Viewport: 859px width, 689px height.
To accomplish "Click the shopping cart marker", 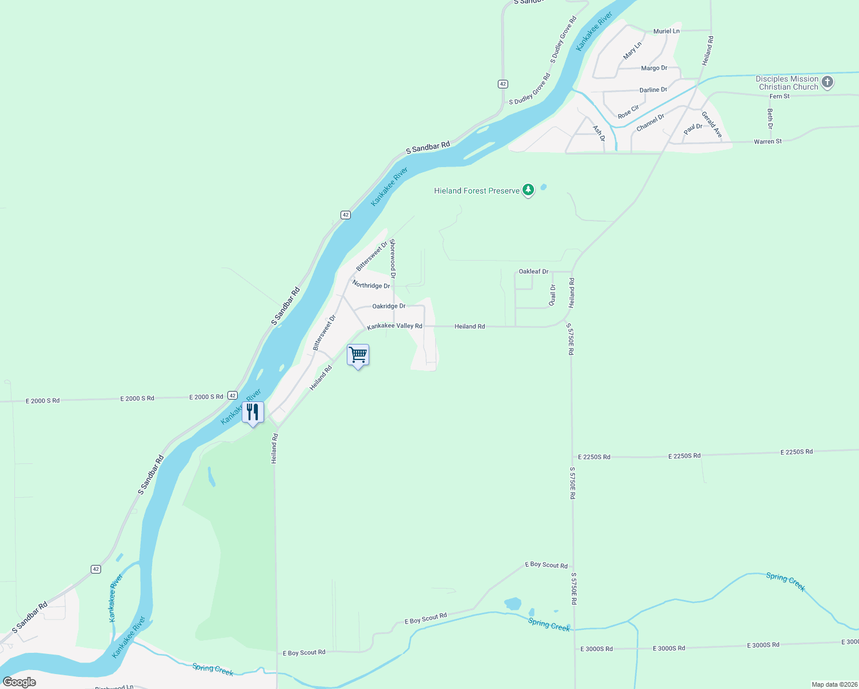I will tap(358, 355).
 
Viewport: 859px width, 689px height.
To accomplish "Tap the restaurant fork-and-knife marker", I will tap(253, 412).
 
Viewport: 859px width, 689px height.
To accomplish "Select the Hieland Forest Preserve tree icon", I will tap(528, 189).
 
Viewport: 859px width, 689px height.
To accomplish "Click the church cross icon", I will tap(827, 82).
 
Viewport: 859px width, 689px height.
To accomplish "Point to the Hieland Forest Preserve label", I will tap(477, 191).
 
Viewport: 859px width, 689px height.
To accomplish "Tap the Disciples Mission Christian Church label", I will tap(787, 83).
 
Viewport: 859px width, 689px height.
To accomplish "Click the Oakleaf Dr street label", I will tap(533, 272).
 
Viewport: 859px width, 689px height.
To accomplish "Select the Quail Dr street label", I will tap(552, 295).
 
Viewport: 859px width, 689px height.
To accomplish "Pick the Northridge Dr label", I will tap(371, 285).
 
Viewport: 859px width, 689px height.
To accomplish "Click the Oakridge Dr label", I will tap(389, 306).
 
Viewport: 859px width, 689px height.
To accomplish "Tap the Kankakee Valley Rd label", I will tap(394, 326).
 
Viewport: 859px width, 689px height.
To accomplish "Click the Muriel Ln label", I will tap(666, 31).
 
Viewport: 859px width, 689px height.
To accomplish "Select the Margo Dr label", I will tap(654, 68).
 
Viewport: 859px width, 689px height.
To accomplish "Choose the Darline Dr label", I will tap(653, 90).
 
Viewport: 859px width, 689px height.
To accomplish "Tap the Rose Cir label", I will tap(628, 112).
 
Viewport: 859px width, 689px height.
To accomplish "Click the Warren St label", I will tap(767, 141).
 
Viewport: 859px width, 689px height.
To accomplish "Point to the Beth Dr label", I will tap(770, 118).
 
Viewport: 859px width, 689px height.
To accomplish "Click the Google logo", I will tap(20, 682).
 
